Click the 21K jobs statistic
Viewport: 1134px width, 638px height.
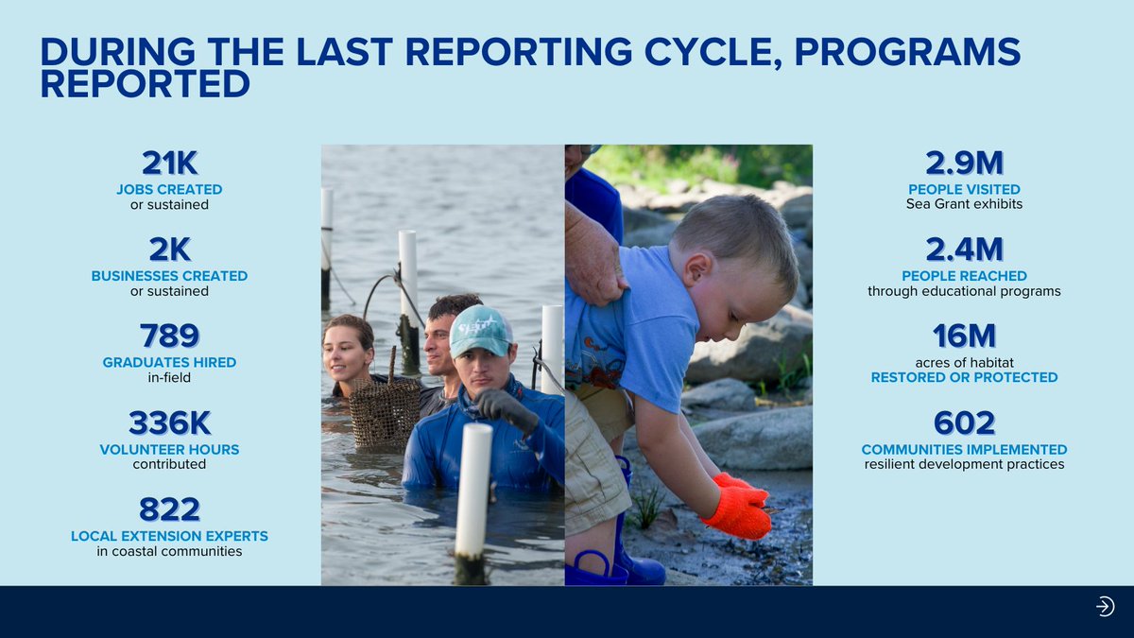(x=169, y=164)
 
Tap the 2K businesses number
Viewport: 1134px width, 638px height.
(x=169, y=250)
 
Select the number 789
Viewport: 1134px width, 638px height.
(x=169, y=336)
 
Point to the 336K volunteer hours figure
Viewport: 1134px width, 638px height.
(x=169, y=422)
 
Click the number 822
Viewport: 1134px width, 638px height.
(x=169, y=509)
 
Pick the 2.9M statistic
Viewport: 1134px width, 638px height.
(x=964, y=164)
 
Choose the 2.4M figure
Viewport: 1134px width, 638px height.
(x=964, y=250)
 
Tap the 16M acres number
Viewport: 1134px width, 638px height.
(x=964, y=336)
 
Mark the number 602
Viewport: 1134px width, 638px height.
(x=964, y=422)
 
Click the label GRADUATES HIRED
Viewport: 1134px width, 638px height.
(x=169, y=363)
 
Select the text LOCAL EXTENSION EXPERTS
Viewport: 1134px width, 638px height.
(x=169, y=536)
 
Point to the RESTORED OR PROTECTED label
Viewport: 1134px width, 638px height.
(x=964, y=377)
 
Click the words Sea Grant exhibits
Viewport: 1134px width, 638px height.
(x=964, y=204)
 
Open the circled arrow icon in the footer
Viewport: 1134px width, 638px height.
(x=1105, y=607)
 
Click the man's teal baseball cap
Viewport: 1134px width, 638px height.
(x=481, y=331)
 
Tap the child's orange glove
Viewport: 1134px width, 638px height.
(x=738, y=508)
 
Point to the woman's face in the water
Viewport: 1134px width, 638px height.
(x=348, y=352)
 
